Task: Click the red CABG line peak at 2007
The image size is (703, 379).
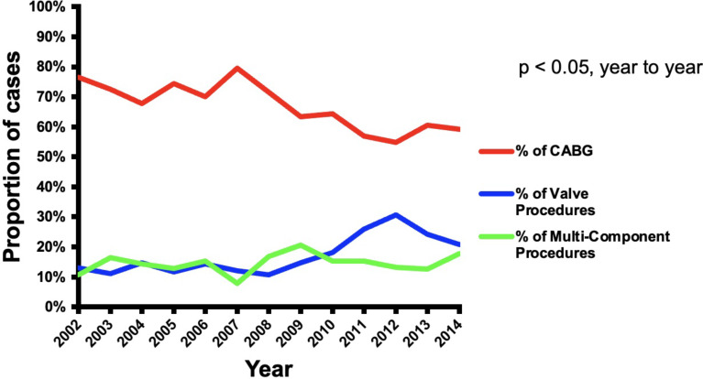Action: click(x=236, y=68)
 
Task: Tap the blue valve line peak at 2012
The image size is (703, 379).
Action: click(x=395, y=215)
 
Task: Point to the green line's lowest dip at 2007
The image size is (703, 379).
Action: click(x=236, y=283)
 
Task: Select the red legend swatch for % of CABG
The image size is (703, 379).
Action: click(x=496, y=151)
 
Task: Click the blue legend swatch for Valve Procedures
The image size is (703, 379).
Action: click(x=496, y=194)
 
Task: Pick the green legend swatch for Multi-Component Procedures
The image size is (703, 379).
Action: click(x=496, y=236)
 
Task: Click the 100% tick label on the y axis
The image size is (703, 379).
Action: click(x=48, y=7)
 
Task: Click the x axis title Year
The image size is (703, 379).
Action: click(x=269, y=369)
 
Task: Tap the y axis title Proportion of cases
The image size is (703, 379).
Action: click(x=12, y=157)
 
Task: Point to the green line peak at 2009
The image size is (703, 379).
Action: click(x=301, y=244)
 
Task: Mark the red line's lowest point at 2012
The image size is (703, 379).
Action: click(x=395, y=143)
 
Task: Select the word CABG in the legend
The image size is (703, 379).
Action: click(x=570, y=151)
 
